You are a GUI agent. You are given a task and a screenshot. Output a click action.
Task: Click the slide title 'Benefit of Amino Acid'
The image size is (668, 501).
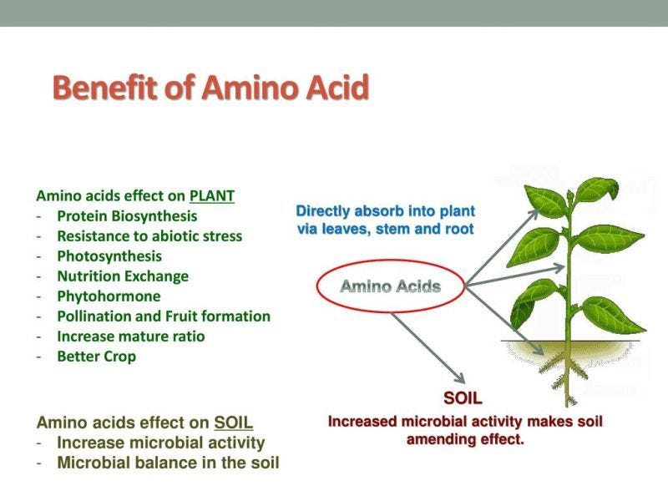[210, 87]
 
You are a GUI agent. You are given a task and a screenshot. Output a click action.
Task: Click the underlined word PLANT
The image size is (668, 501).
[212, 196]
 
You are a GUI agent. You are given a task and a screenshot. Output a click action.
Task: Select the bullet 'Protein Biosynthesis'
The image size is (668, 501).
[127, 216]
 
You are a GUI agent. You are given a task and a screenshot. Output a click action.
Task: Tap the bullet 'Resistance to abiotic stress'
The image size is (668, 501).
[149, 236]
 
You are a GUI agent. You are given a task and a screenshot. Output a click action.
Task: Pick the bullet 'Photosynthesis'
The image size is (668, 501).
[109, 256]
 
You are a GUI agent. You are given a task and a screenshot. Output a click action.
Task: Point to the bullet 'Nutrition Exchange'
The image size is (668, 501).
[123, 276]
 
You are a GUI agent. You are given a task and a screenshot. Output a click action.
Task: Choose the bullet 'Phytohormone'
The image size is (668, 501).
[109, 296]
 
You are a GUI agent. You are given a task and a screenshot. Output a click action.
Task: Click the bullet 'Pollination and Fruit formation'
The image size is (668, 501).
[164, 316]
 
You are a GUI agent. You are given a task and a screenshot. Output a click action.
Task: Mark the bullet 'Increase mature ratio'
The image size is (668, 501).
[130, 337]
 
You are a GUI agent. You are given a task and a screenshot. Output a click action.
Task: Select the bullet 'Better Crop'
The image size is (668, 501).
[96, 357]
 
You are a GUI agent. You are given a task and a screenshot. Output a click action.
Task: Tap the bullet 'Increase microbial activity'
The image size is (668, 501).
[160, 443]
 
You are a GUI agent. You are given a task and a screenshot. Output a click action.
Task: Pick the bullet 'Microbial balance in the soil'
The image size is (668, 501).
[168, 463]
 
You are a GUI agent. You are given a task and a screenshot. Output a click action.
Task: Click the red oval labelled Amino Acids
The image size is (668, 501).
[390, 287]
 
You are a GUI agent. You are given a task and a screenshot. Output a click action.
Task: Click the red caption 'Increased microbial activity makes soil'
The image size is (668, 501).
[465, 422]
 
